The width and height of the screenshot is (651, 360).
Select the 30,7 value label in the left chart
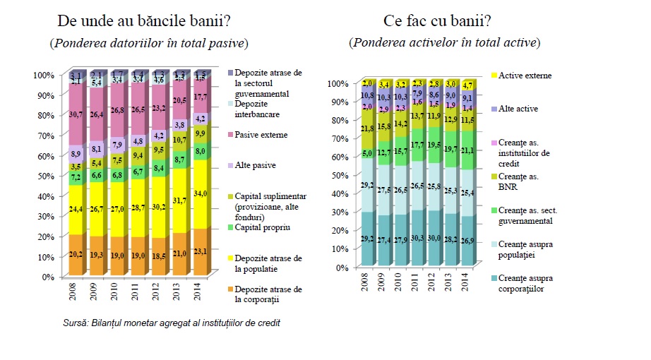tap(76, 114)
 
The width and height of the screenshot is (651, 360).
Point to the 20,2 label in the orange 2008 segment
tap(76, 256)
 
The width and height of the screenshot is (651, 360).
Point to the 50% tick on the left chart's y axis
tap(44, 176)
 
